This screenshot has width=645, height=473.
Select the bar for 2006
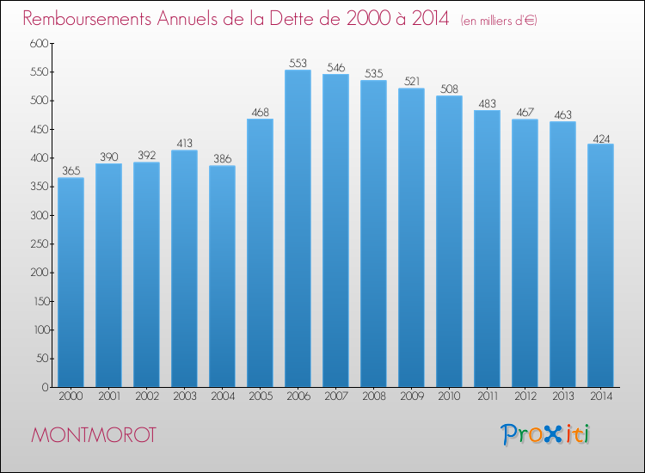[298, 228]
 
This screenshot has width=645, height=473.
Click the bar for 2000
[71, 282]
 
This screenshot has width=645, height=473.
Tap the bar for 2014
[600, 265]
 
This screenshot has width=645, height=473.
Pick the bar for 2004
[222, 276]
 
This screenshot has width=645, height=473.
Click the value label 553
[298, 63]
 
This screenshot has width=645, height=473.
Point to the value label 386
[222, 159]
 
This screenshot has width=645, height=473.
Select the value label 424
[601, 139]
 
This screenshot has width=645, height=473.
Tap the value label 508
[449, 89]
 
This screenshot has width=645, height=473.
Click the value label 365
[71, 170]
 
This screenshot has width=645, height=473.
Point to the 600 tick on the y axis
[39, 43]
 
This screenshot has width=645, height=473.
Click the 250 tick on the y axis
[39, 244]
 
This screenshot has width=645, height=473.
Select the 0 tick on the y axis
[45, 387]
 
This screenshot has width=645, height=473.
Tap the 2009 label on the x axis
[412, 396]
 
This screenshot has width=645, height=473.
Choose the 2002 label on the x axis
[147, 396]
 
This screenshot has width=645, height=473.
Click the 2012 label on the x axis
[525, 396]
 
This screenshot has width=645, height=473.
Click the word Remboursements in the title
[87, 19]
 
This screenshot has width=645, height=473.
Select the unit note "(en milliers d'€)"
[499, 21]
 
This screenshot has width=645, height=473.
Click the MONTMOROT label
[94, 435]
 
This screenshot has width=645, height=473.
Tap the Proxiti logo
[545, 434]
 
